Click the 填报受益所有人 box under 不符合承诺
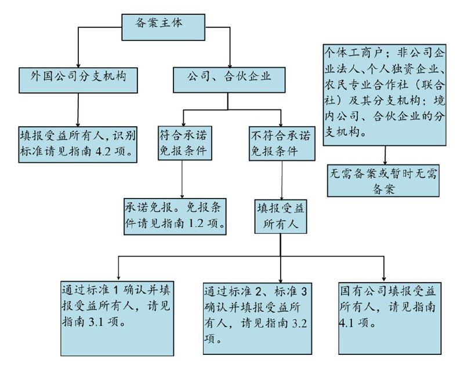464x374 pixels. point(281,216)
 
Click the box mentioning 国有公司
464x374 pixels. point(387,317)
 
